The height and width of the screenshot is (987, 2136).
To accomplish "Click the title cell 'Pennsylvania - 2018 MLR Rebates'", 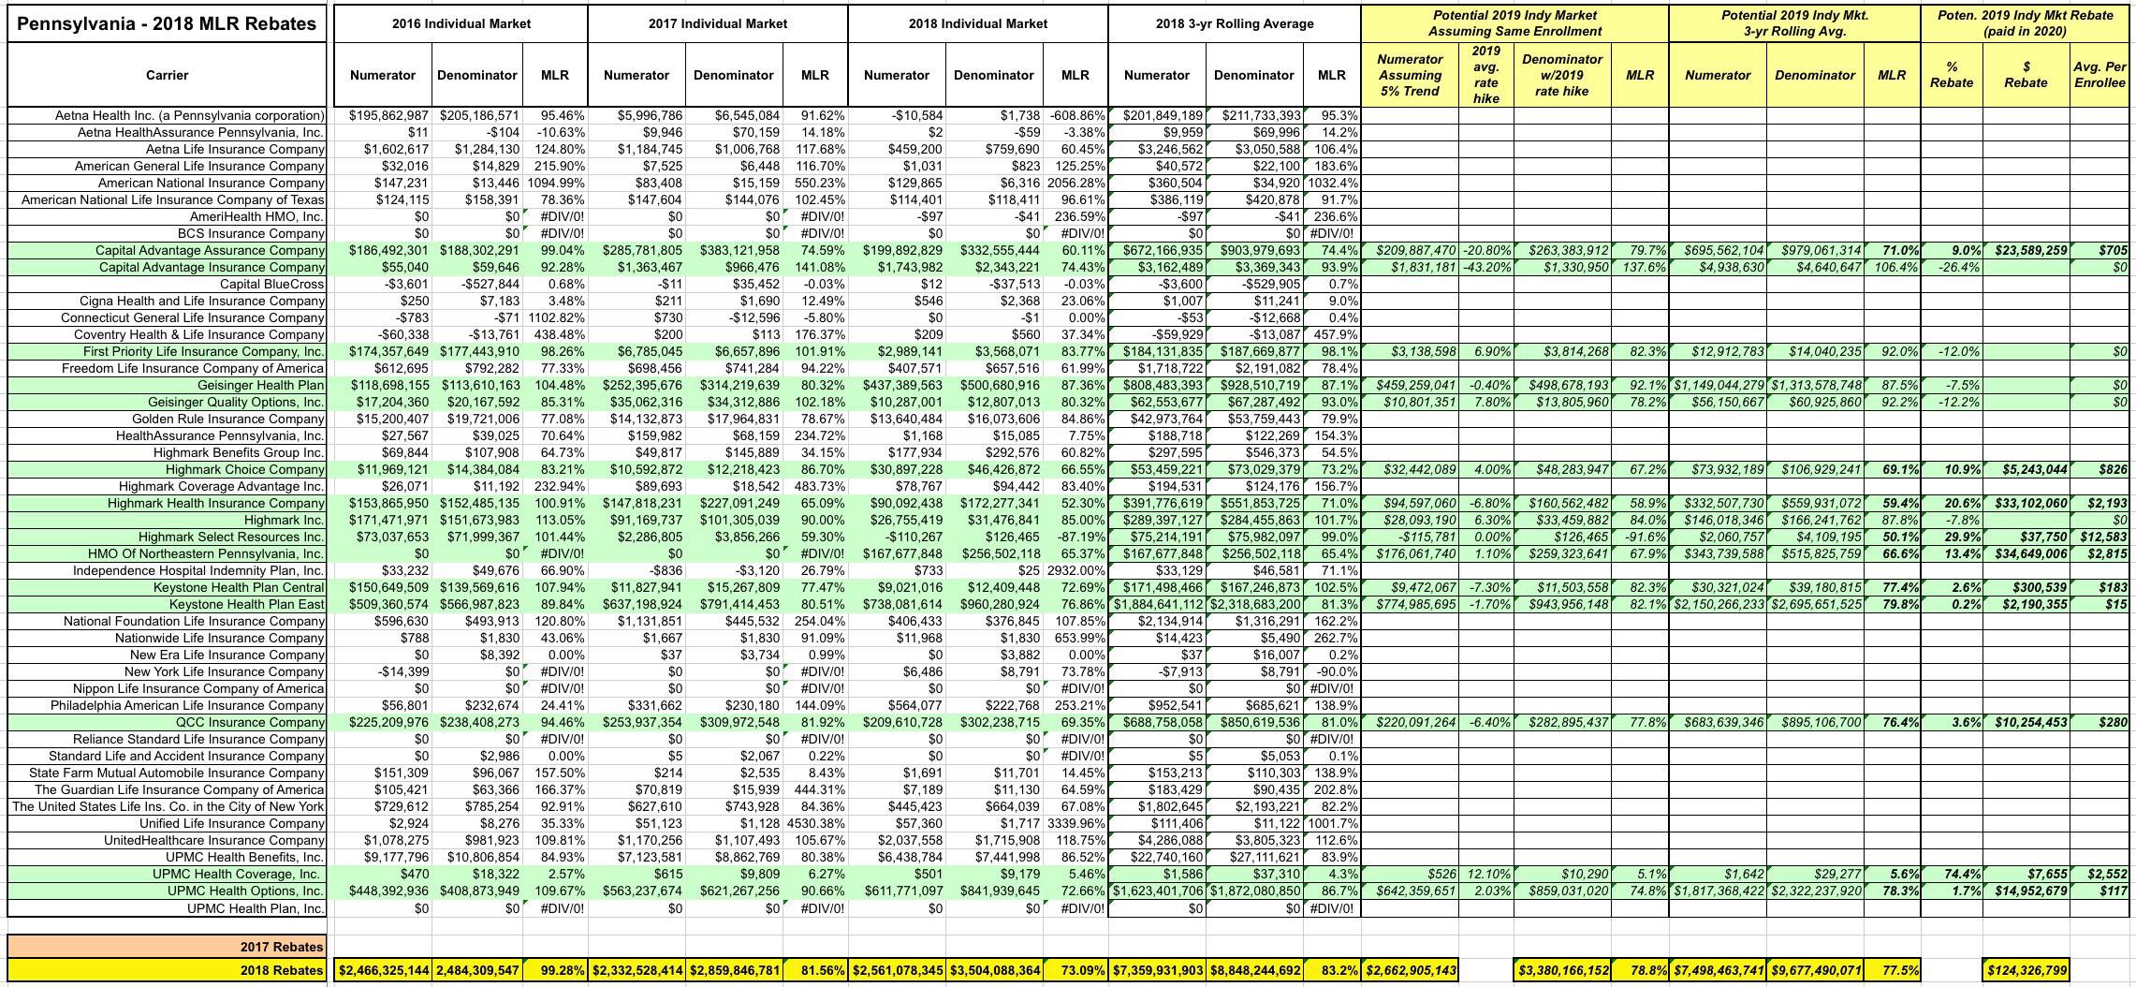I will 167,23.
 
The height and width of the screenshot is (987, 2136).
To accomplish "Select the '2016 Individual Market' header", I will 461,23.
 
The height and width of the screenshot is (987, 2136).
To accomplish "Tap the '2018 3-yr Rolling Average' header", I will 1234,23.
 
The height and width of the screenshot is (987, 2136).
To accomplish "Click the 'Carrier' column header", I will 167,75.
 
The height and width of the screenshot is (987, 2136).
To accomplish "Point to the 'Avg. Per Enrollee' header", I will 2099,75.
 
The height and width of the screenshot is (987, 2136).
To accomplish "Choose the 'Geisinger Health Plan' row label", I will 260,385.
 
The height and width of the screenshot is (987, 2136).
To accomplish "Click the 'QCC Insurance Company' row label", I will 250,722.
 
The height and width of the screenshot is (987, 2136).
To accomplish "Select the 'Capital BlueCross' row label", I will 271,284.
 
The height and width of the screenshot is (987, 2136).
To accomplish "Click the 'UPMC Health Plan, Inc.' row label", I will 256,907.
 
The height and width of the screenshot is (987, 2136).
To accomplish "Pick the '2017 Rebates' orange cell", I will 282,946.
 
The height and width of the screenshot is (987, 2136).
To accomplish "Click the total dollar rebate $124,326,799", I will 2025,970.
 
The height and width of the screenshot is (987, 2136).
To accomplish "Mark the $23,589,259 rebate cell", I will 2025,250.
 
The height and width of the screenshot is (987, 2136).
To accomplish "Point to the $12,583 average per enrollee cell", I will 2100,537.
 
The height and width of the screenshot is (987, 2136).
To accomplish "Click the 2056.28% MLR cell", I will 1075,183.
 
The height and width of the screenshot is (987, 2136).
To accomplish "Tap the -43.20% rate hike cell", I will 1486,267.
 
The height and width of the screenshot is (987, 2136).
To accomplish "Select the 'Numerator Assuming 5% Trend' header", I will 1409,75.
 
